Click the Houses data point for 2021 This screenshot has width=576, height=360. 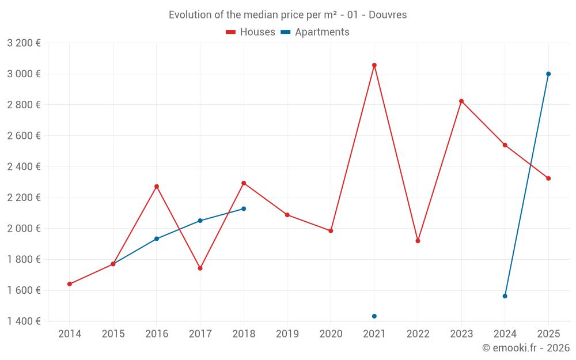374,66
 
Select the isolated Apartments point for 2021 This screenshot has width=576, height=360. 374,316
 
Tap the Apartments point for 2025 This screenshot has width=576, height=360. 548,74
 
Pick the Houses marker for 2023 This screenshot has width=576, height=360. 461,101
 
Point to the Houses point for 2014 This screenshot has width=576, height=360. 70,284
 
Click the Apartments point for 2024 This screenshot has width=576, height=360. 505,296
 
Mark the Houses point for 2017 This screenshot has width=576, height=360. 200,268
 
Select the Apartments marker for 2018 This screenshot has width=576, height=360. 244,209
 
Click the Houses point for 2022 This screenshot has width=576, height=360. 418,241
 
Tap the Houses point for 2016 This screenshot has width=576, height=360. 157,187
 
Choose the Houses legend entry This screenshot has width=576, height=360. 251,32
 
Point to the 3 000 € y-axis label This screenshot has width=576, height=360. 24,74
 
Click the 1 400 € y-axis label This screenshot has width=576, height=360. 24,321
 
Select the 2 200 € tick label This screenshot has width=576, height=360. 24,198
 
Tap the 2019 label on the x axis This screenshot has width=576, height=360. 287,334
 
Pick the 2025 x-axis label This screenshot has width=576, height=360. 548,334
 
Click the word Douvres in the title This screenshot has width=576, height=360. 388,15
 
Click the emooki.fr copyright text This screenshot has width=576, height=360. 525,348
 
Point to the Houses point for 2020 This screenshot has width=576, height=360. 331,231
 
